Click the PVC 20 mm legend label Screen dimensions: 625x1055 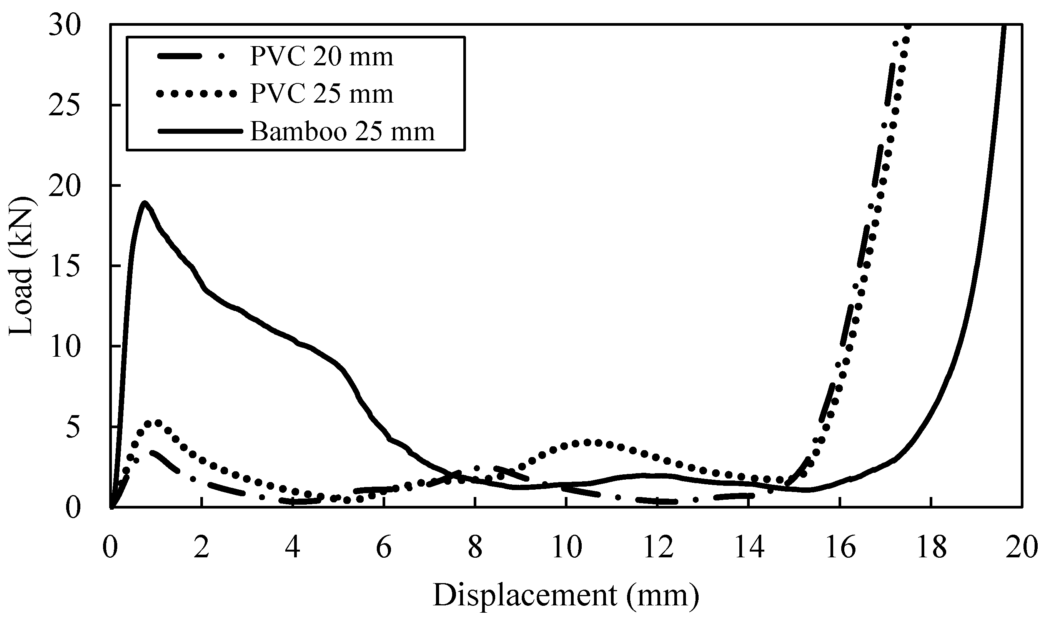(321, 57)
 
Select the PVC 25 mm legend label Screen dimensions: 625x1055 (321, 94)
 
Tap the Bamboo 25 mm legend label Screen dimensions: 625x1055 (342, 131)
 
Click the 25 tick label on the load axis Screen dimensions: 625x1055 (64, 106)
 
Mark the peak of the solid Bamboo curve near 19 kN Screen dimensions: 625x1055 (145, 203)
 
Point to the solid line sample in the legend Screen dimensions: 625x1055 (200, 131)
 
